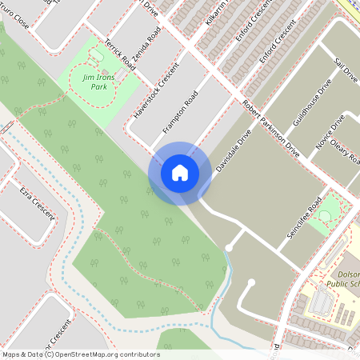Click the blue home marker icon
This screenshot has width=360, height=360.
coord(180,172)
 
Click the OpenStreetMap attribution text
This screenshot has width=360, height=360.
coord(81,354)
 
